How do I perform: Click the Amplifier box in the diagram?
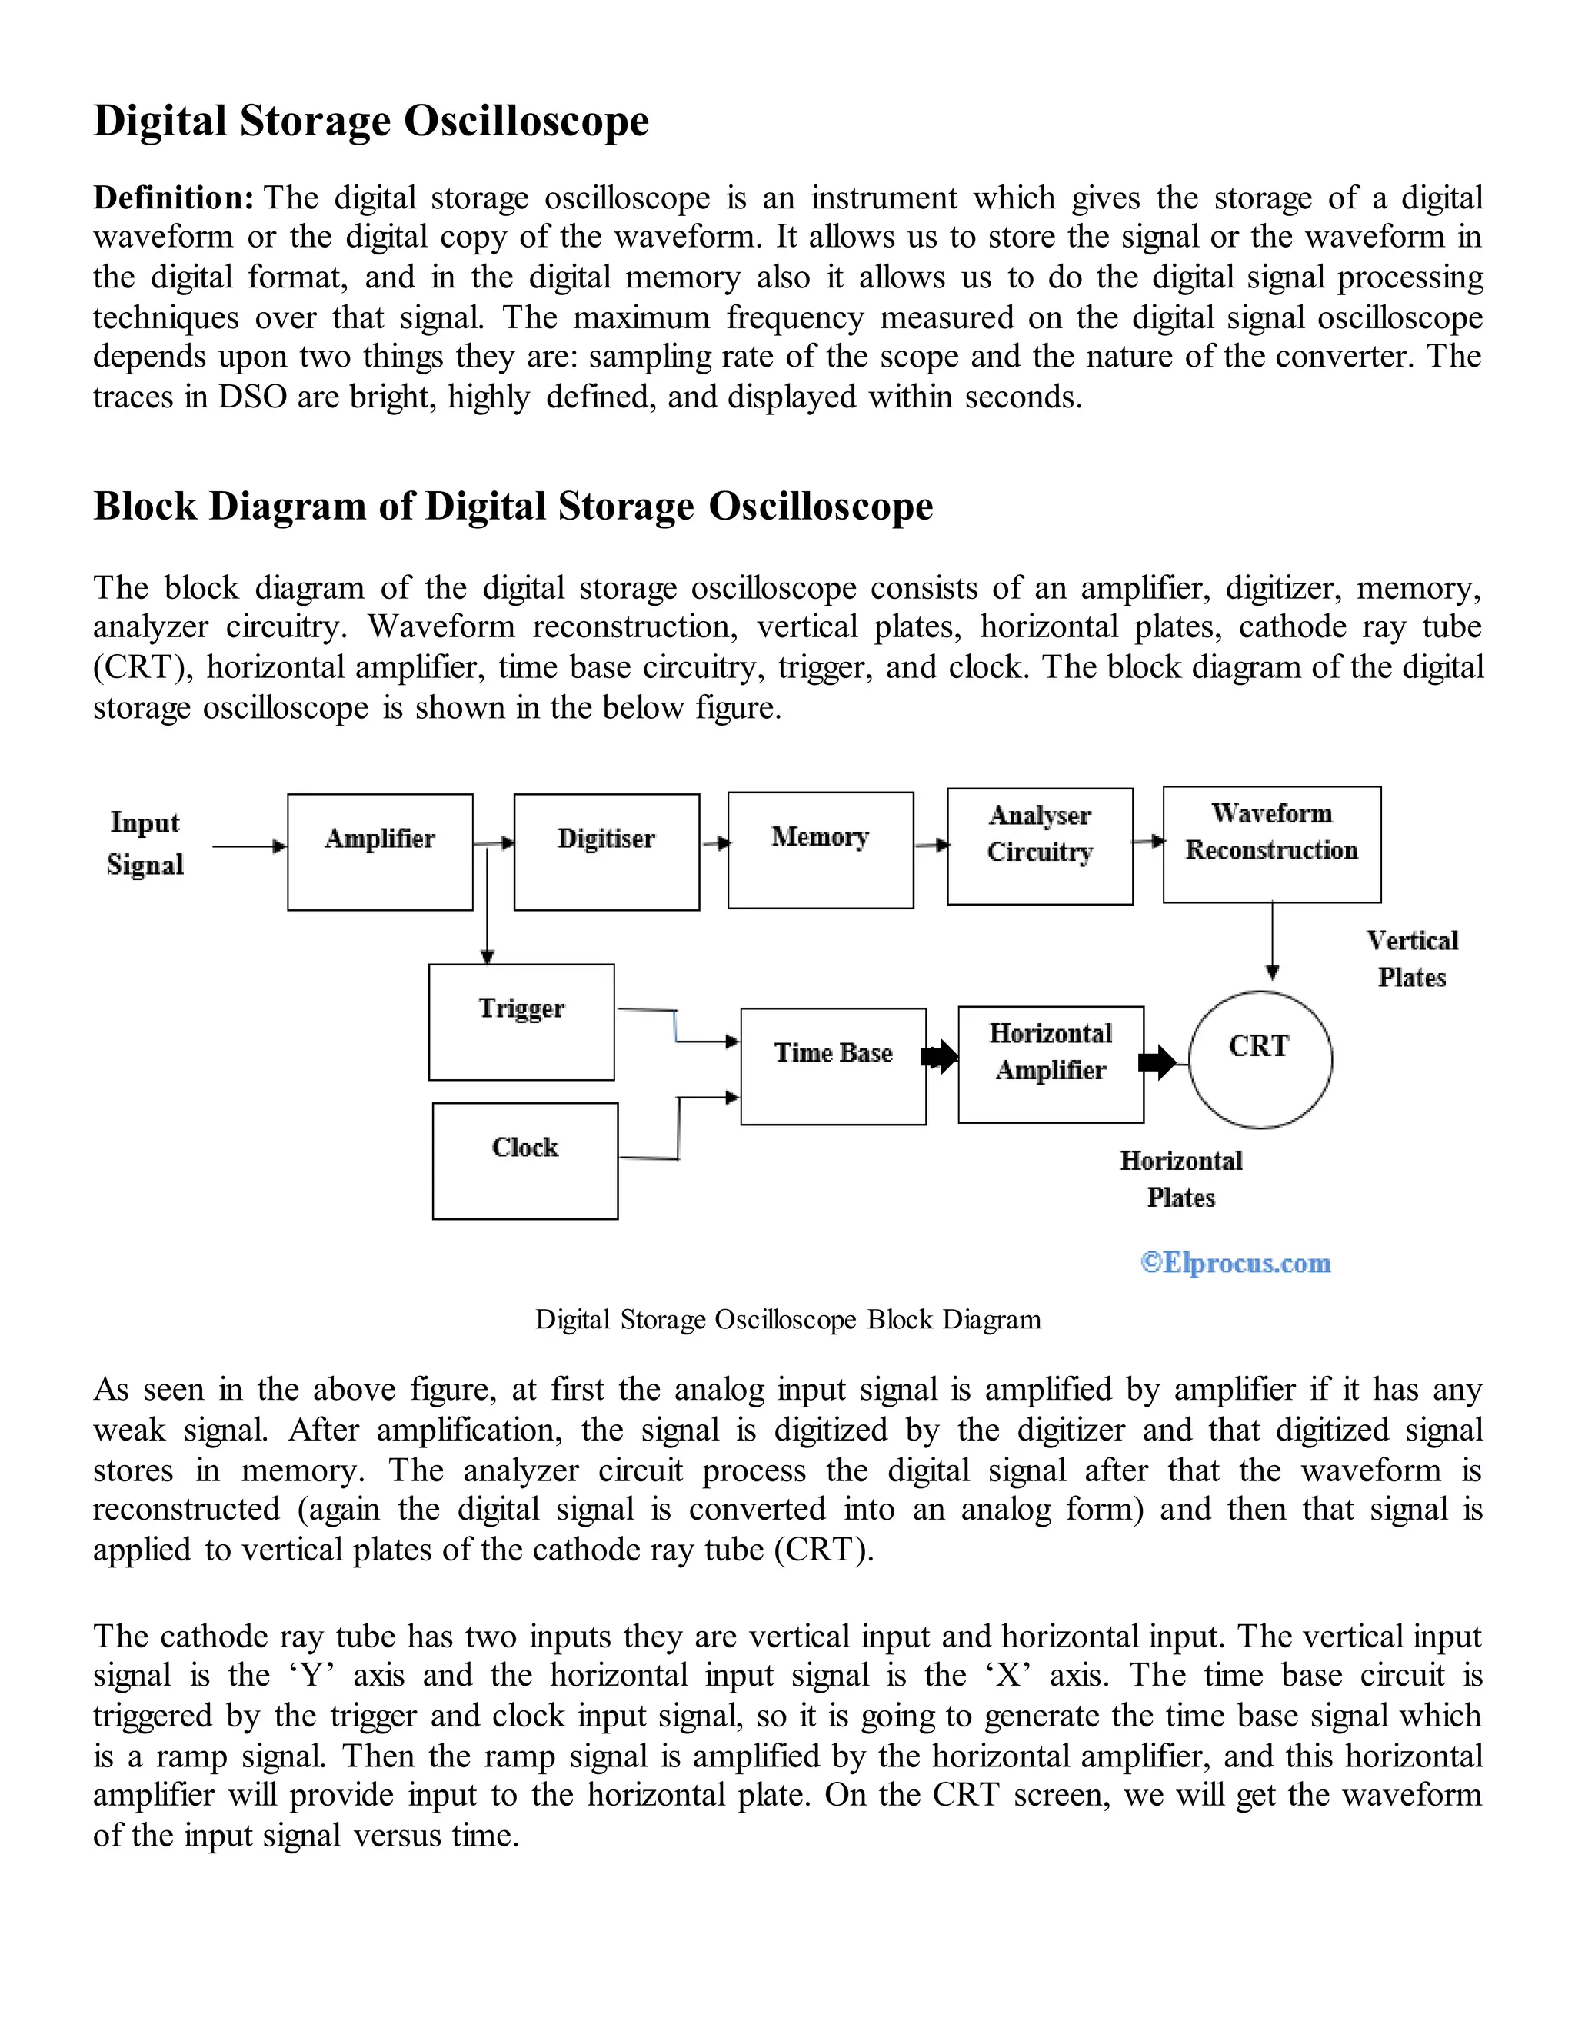coord(380,852)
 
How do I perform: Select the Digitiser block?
coord(607,852)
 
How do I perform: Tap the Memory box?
coord(820,849)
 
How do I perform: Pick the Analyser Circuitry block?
coord(1040,846)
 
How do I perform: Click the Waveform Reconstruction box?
coord(1272,844)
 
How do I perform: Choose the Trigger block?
coord(521,1022)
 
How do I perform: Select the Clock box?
coord(525,1160)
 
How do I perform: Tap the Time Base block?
coord(833,1066)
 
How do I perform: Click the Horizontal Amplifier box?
coord(1051,1064)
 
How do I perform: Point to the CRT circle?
coord(1260,1058)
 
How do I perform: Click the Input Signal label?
coord(145,843)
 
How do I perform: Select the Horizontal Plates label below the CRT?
coord(1181,1179)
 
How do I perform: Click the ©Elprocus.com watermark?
coord(1235,1263)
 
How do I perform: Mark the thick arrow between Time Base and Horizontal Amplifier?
coord(941,1057)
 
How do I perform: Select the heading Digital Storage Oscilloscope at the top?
coord(371,121)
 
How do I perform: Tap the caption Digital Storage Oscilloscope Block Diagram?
coord(787,1320)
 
